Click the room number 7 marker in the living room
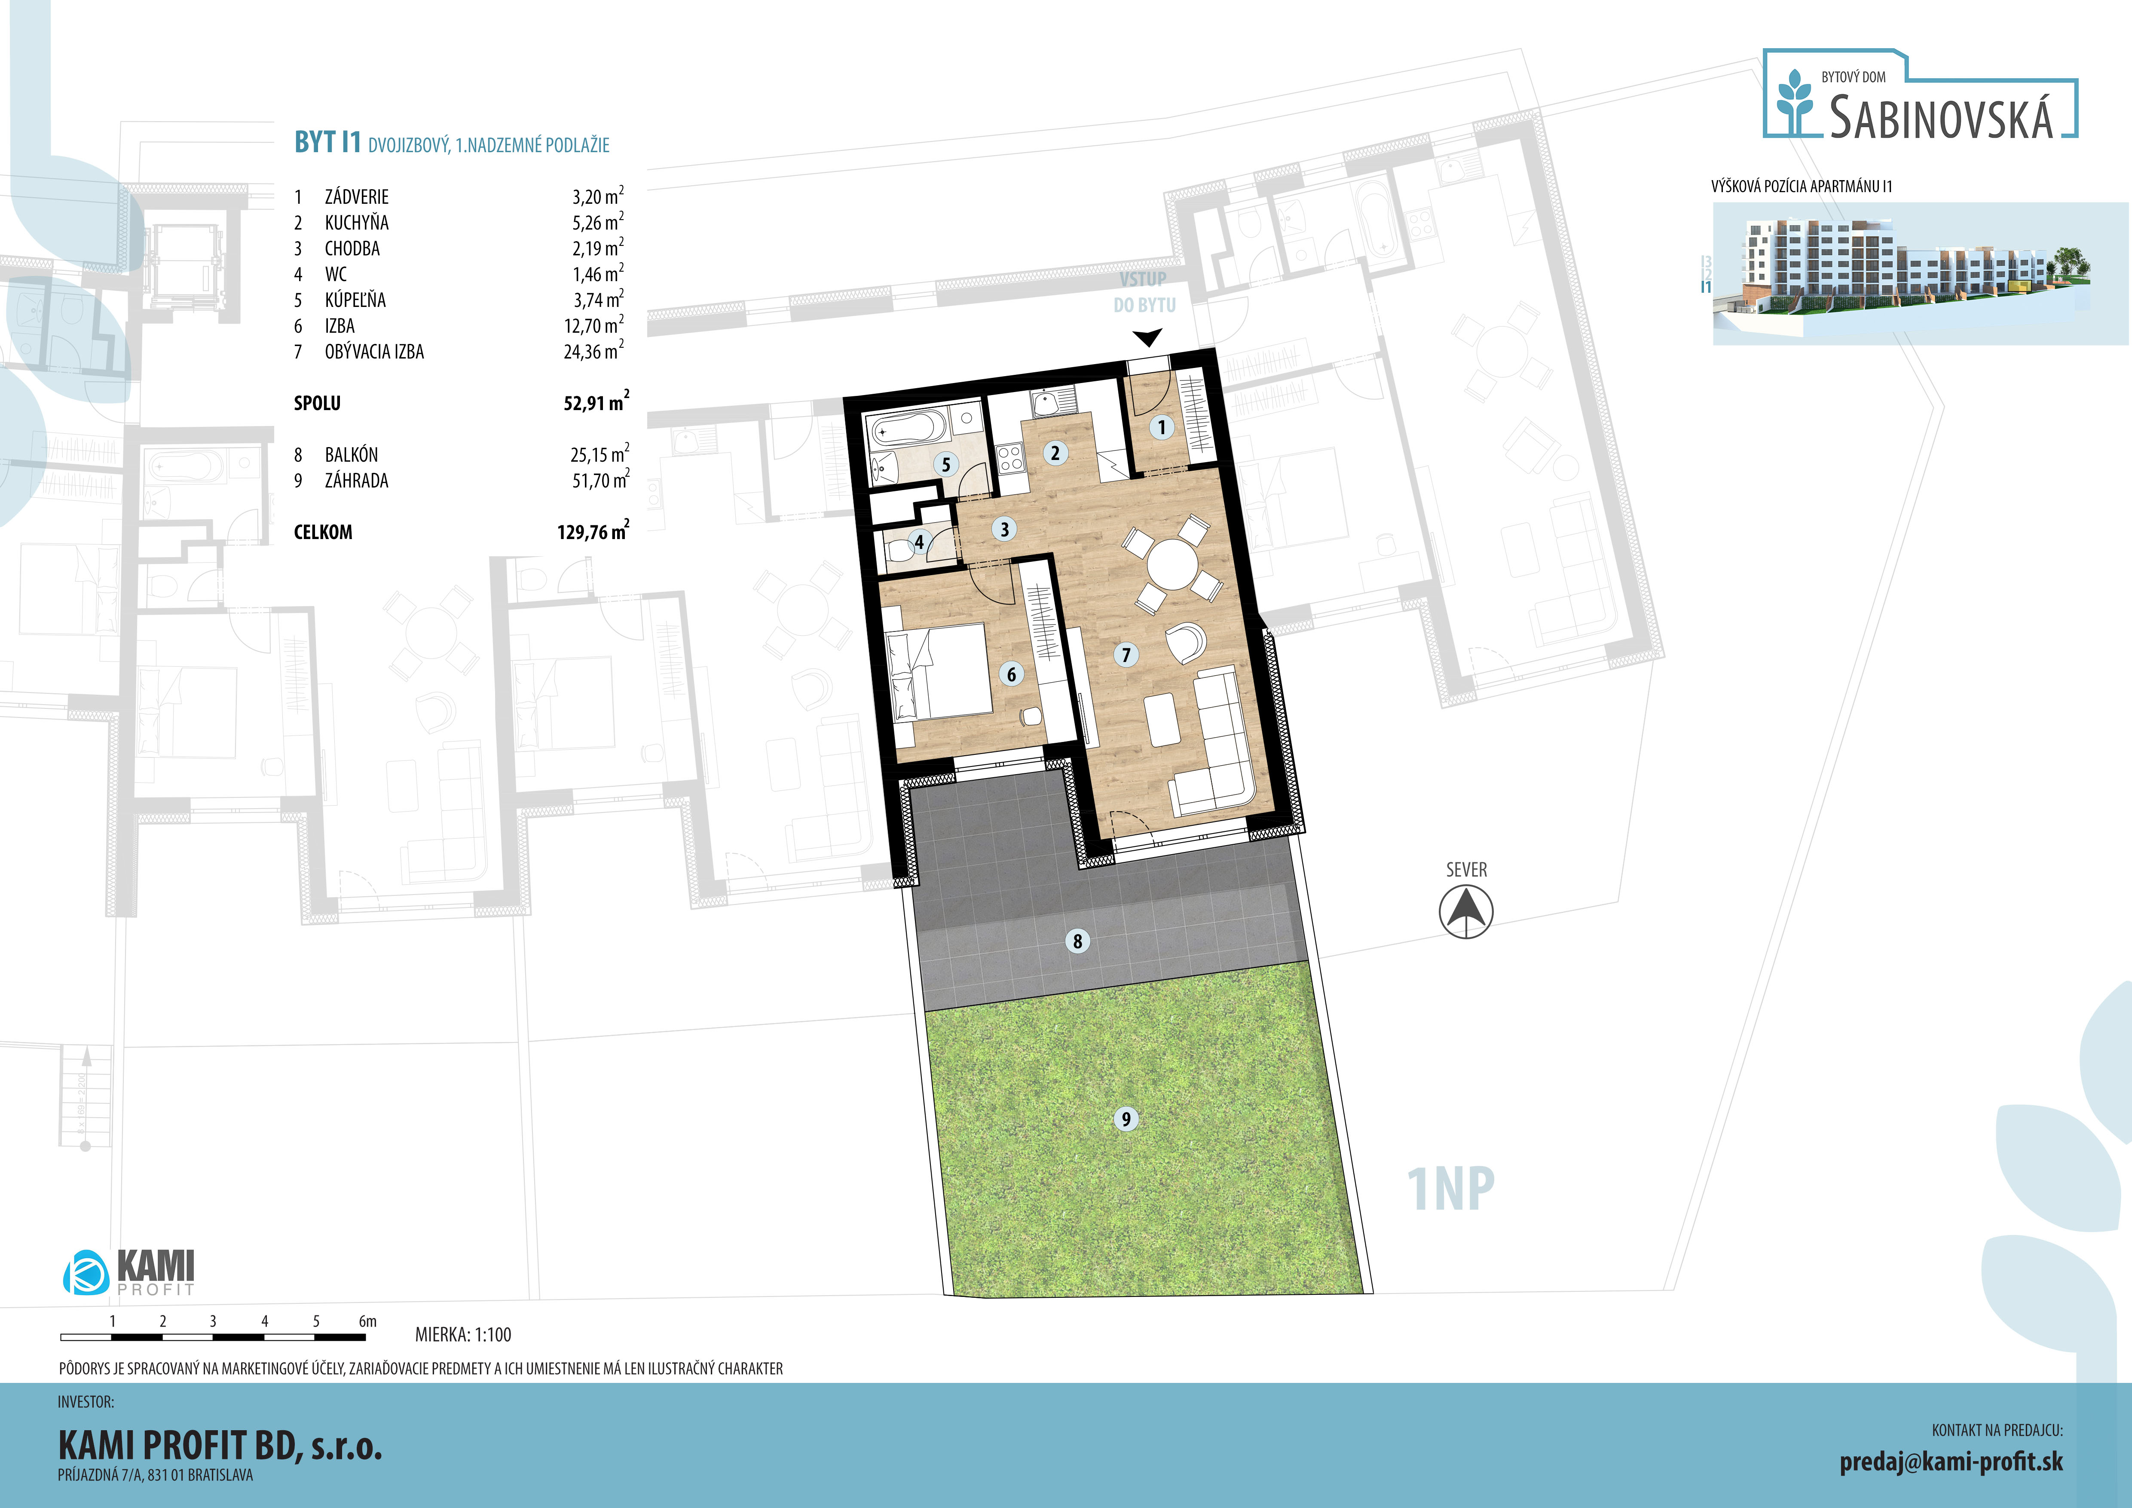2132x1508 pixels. (x=1126, y=655)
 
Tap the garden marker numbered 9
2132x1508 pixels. (x=1126, y=1119)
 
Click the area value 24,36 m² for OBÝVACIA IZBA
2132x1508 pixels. (x=593, y=351)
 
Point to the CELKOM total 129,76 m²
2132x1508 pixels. (x=593, y=531)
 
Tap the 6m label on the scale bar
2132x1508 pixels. (x=368, y=1321)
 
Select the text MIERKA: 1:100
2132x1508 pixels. (x=463, y=1334)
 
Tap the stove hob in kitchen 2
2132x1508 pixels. (x=1009, y=457)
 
